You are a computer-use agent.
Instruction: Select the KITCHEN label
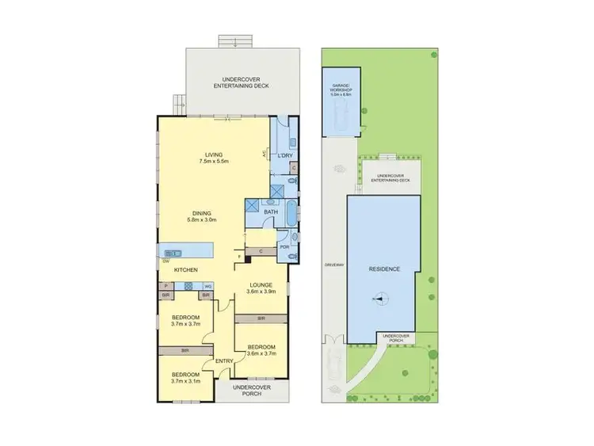click(x=187, y=270)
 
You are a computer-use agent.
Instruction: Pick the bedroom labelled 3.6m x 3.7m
click(x=261, y=350)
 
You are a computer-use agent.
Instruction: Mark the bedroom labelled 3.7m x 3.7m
click(x=185, y=320)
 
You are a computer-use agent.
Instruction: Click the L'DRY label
click(x=284, y=156)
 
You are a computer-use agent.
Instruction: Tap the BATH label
click(x=270, y=212)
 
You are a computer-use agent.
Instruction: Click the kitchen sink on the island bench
click(x=173, y=253)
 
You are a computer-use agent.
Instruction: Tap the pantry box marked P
click(x=166, y=286)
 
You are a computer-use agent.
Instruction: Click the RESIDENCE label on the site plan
click(x=385, y=269)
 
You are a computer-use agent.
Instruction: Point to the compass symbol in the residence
click(x=380, y=299)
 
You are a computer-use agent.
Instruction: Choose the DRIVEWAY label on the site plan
click(x=331, y=265)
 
